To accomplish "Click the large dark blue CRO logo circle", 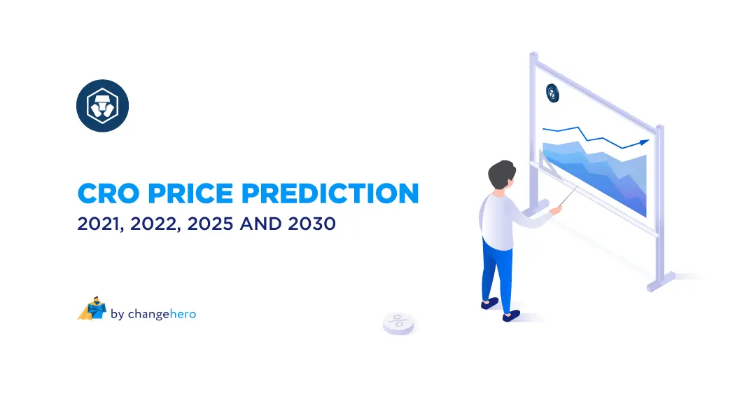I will coord(102,106).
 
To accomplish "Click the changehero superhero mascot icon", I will coord(91,309).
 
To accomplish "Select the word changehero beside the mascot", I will coord(162,314).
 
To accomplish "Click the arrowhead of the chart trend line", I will coord(644,142).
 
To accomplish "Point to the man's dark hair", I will coord(503,173).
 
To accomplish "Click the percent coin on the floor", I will coord(398,322).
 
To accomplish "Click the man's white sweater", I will coord(498,217).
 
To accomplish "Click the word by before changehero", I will coord(117,314).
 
